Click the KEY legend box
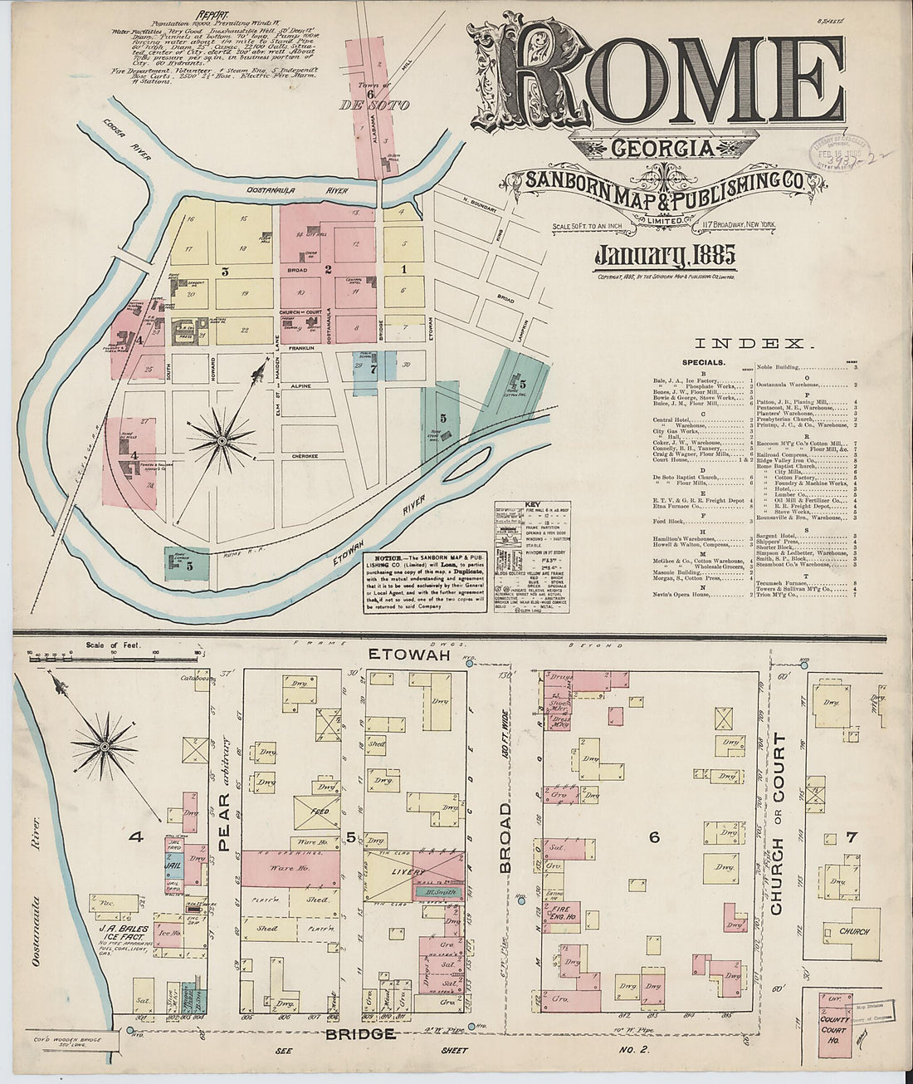(x=530, y=557)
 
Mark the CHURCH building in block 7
(x=852, y=932)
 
